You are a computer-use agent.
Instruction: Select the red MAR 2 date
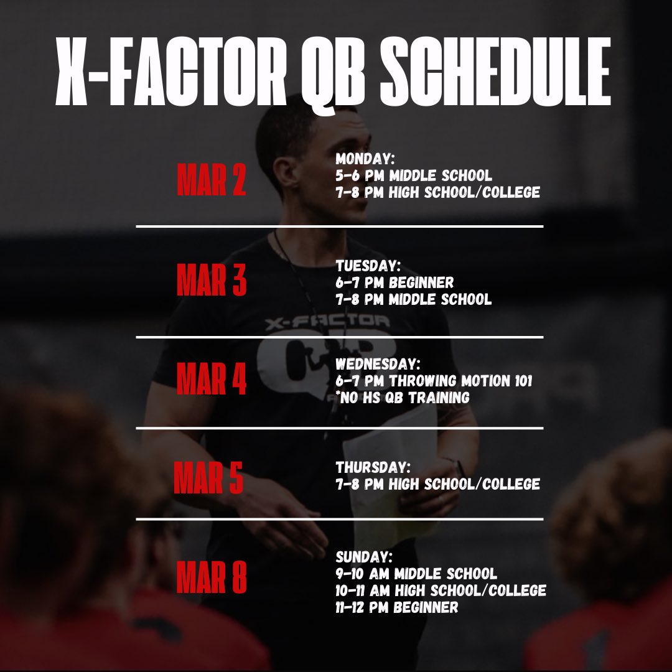pyautogui.click(x=212, y=180)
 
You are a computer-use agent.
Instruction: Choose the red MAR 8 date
pyautogui.click(x=212, y=577)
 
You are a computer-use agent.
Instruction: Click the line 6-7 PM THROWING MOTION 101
pyautogui.click(x=434, y=380)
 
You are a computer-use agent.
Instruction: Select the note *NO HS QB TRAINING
pyautogui.click(x=403, y=397)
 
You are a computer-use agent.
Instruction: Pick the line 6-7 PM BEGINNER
pyautogui.click(x=395, y=283)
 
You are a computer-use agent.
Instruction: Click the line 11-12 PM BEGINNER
pyautogui.click(x=397, y=607)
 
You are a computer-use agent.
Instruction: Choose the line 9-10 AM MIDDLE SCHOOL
pyautogui.click(x=416, y=573)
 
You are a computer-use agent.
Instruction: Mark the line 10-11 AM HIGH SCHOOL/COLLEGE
pyautogui.click(x=441, y=590)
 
